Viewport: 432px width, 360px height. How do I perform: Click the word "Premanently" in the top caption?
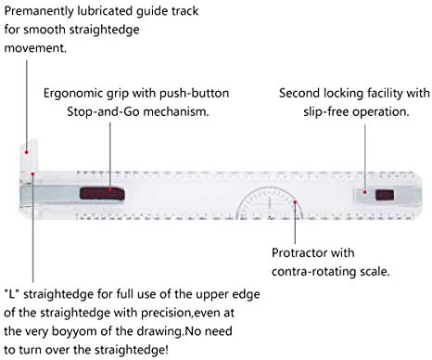click(39, 12)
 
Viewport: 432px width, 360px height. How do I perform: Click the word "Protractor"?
click(299, 253)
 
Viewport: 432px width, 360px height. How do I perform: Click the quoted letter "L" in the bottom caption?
click(12, 294)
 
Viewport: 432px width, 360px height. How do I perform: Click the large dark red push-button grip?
click(102, 193)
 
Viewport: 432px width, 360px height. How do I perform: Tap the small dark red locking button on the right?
click(385, 196)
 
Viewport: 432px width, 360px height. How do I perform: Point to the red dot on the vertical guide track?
click(27, 152)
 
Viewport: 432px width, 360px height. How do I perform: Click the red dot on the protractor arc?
click(295, 202)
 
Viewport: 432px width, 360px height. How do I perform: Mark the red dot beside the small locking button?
click(364, 192)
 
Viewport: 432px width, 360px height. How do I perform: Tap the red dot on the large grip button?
click(110, 189)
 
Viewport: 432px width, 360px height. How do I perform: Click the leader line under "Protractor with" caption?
click(295, 224)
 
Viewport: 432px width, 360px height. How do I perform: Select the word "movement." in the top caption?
click(35, 48)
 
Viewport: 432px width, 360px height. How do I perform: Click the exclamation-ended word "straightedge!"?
click(132, 350)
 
